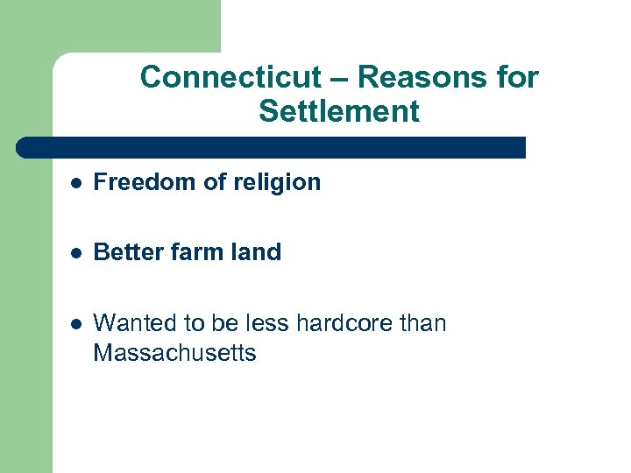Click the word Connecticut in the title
(232, 78)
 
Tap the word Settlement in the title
(339, 112)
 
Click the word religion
(279, 182)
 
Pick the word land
(257, 252)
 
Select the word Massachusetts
(174, 354)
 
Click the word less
(268, 323)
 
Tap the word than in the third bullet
(423, 323)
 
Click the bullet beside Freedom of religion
(77, 183)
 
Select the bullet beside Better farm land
(77, 253)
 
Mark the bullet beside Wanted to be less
(77, 324)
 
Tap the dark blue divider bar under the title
(272, 147)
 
